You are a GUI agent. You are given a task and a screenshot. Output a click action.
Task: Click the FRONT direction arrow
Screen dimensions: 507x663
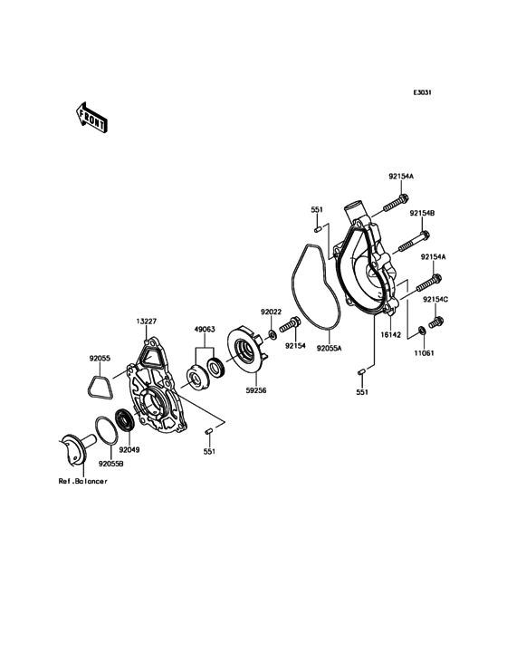[91, 118]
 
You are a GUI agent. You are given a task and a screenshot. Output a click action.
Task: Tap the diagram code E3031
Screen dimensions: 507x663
[422, 92]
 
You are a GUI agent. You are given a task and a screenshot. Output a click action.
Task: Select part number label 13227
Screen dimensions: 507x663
[146, 322]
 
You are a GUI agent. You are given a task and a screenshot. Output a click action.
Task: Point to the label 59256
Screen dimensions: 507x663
[256, 390]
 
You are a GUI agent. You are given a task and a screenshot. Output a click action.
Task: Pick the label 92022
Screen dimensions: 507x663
[271, 312]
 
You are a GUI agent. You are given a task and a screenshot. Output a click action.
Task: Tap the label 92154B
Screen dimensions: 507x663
[422, 214]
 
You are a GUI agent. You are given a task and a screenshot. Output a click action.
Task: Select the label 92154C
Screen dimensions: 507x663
[435, 300]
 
